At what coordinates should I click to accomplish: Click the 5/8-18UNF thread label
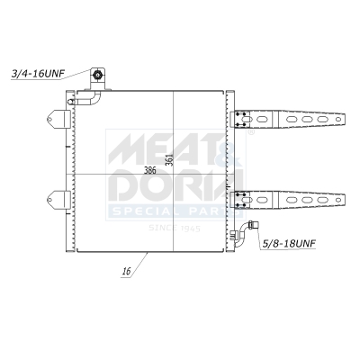(x=289, y=243)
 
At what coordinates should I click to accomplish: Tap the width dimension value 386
(x=152, y=171)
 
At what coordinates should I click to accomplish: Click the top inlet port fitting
(x=97, y=77)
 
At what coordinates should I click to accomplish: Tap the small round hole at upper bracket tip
(x=340, y=120)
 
